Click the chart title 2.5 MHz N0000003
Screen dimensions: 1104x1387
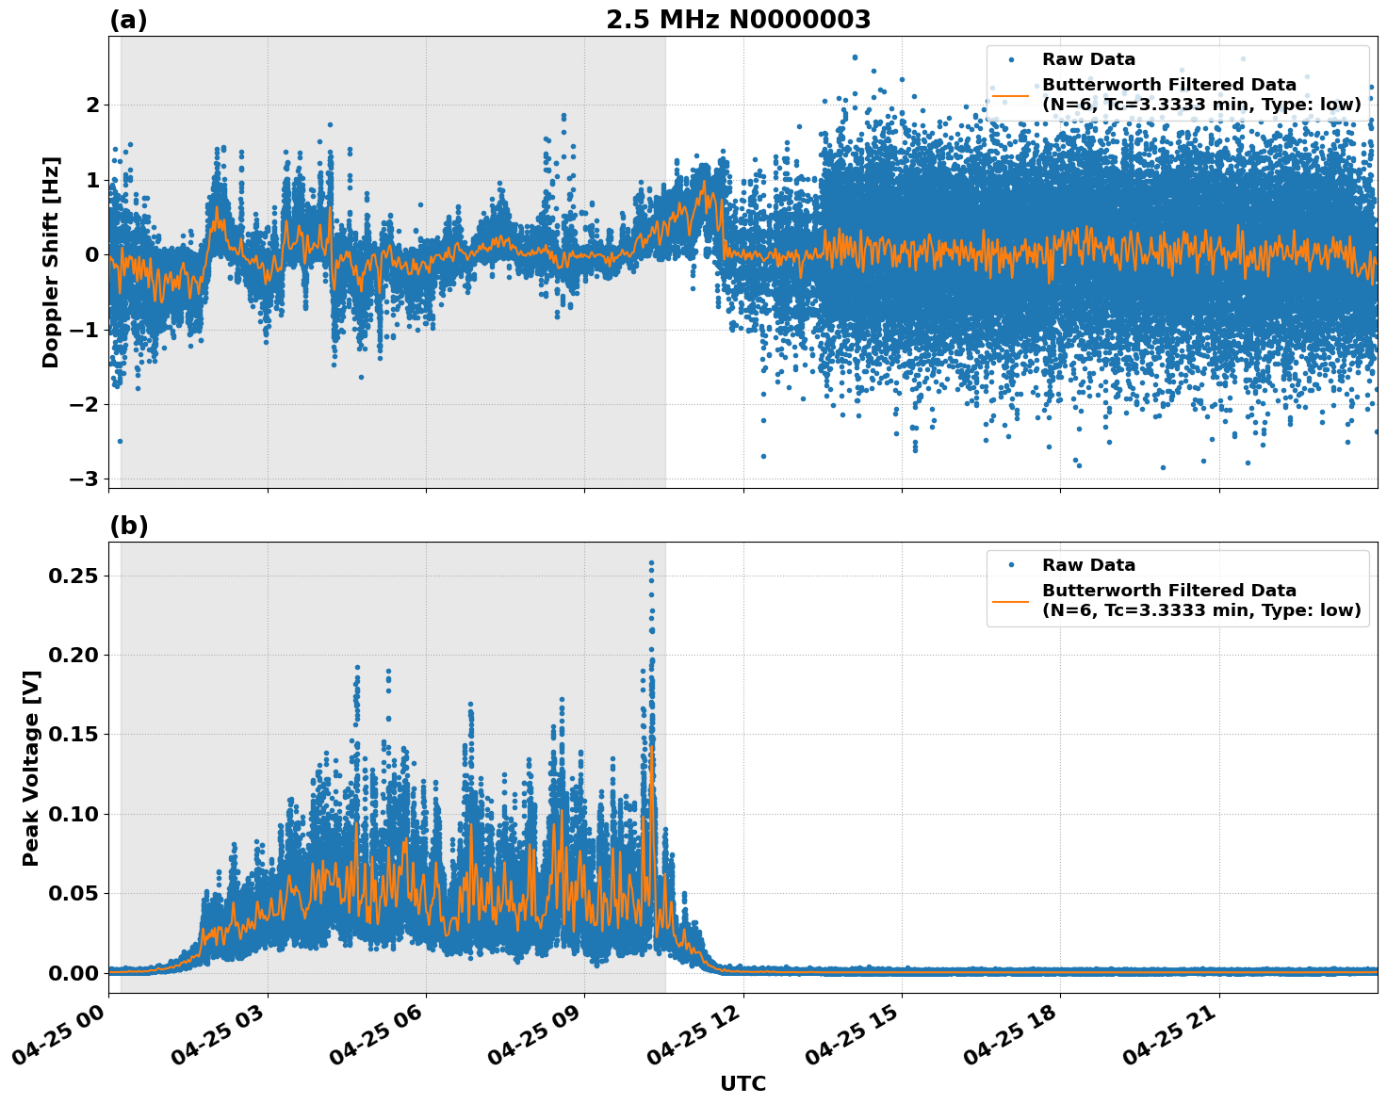(x=738, y=20)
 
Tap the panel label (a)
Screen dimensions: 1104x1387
(x=128, y=20)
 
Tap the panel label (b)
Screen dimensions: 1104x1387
(x=128, y=526)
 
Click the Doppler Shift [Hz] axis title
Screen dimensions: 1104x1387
(x=51, y=262)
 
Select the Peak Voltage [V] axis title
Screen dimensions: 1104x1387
(x=31, y=768)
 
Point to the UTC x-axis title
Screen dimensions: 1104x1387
(x=742, y=1083)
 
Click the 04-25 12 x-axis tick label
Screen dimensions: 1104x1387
(x=698, y=1041)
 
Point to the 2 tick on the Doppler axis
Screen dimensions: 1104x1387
(x=92, y=105)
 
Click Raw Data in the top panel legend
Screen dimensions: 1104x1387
(x=1088, y=59)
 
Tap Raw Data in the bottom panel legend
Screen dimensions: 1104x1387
(x=1088, y=565)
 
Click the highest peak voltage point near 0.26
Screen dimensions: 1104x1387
(x=651, y=563)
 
